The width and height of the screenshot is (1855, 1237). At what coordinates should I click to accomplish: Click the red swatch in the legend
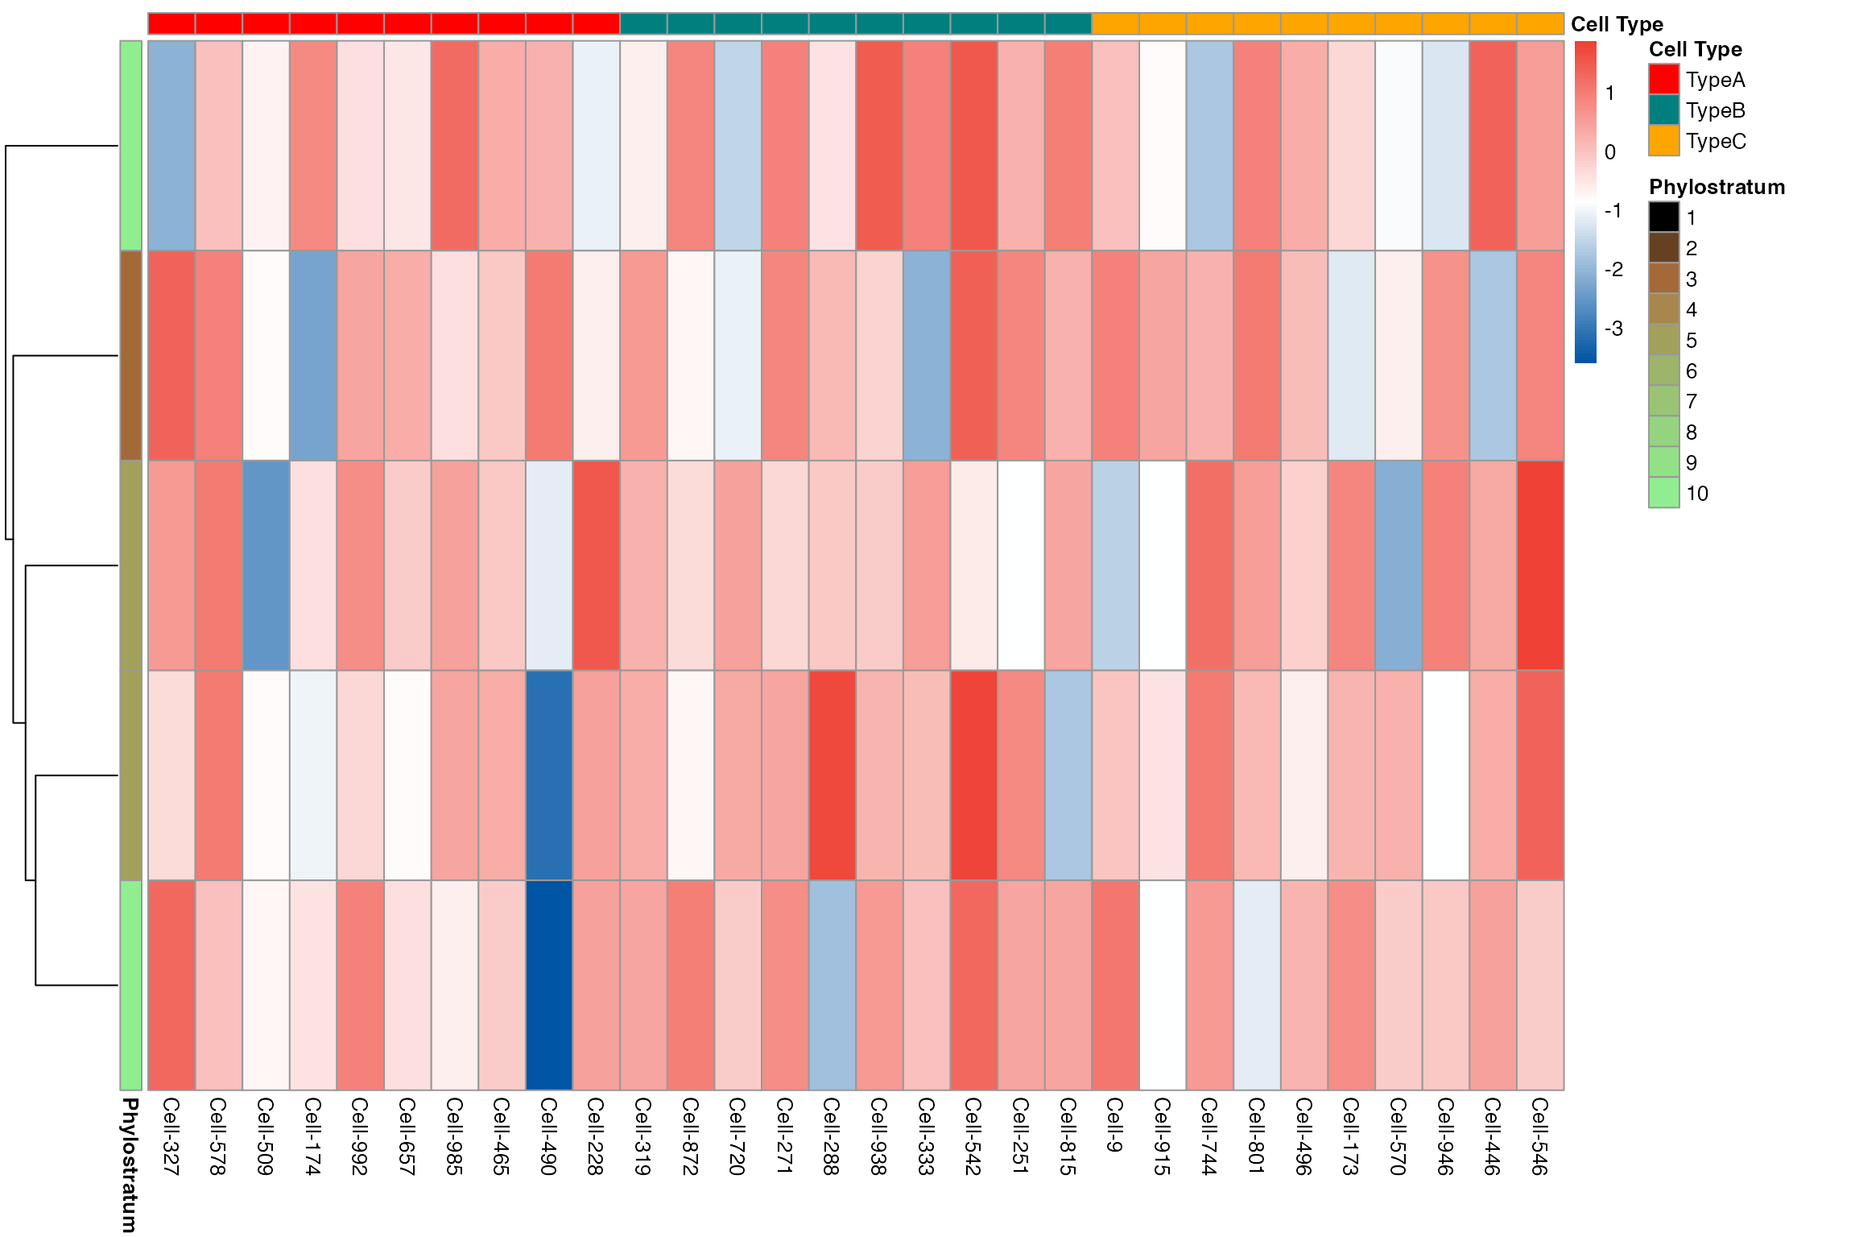point(1663,79)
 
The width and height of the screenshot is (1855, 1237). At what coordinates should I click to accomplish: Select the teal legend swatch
point(1663,110)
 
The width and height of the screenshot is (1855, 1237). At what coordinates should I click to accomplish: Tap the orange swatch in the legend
point(1663,140)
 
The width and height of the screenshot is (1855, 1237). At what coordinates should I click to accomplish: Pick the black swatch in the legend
point(1663,217)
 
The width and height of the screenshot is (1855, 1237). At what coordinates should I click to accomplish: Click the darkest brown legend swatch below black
point(1663,247)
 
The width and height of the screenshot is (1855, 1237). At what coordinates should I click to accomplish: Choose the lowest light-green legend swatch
point(1663,492)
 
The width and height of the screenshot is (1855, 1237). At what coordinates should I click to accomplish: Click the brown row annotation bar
point(130,355)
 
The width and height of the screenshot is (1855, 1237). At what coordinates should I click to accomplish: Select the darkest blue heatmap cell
point(549,985)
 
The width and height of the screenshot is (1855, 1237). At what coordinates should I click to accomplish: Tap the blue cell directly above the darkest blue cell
point(549,775)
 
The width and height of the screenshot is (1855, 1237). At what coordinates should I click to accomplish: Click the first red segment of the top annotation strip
point(171,23)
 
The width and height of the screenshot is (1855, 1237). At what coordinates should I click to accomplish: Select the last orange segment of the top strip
point(1540,23)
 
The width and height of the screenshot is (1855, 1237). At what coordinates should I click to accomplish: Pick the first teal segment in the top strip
point(643,23)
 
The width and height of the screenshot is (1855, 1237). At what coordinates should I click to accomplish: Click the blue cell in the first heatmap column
point(171,145)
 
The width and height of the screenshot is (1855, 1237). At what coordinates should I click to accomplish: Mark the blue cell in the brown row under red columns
point(313,355)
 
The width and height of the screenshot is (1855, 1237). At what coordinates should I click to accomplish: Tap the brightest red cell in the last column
point(1540,565)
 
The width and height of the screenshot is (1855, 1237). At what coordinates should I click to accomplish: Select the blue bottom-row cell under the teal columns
point(832,985)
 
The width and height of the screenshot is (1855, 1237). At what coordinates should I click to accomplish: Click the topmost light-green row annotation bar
point(130,145)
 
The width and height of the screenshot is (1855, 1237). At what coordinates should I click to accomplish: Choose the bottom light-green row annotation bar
point(130,985)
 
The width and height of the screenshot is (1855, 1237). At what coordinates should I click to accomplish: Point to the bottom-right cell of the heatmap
point(1540,985)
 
